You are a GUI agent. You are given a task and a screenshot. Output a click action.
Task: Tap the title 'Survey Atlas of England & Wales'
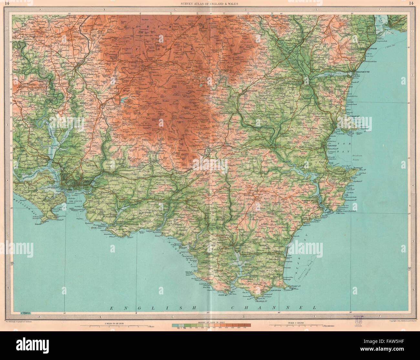pos(210,4)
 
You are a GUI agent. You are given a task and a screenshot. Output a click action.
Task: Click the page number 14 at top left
pos(7,4)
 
